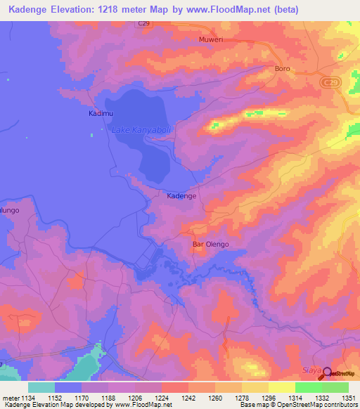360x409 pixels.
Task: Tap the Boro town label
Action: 282,69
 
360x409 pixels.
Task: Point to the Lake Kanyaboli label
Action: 142,130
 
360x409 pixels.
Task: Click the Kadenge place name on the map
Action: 181,196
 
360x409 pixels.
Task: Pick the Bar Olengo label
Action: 210,245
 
